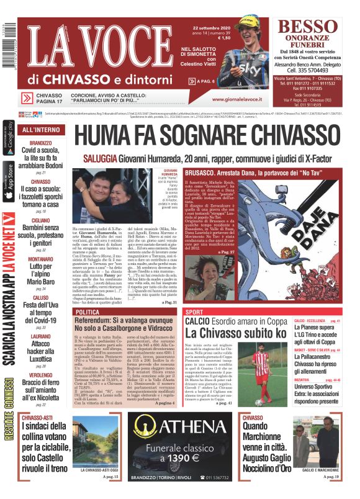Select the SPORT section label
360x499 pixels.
tap(195, 312)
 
